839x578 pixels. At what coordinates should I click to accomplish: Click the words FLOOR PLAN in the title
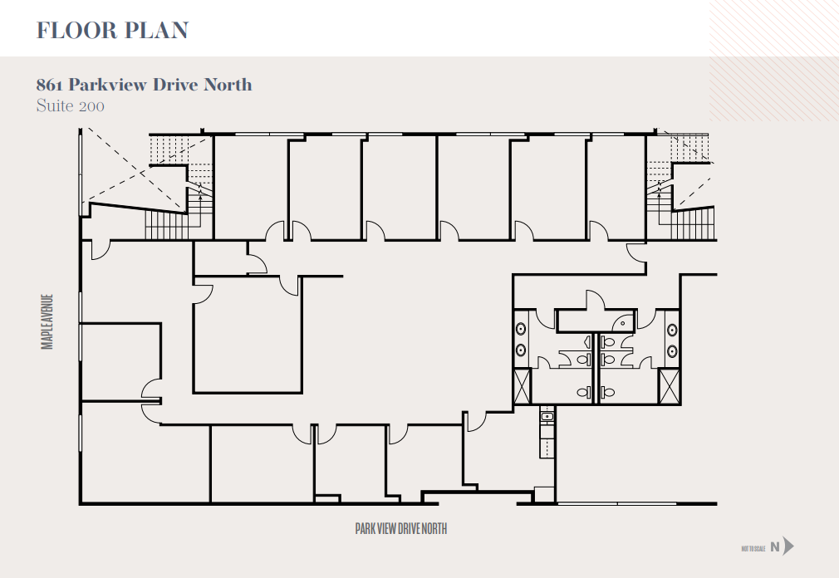112,31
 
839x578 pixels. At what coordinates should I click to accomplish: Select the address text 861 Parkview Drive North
144,85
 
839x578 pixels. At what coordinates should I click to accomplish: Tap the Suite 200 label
70,106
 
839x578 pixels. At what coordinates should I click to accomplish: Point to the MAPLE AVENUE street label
47,321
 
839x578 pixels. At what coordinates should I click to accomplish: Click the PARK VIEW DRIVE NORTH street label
401,529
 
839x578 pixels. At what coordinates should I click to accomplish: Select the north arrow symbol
787,546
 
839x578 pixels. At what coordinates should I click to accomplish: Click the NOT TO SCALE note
753,548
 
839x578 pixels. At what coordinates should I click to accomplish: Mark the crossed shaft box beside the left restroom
522,387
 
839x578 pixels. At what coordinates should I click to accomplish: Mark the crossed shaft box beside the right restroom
669,387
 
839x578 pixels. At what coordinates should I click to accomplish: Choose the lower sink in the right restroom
671,352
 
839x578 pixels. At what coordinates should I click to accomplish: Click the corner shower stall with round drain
622,321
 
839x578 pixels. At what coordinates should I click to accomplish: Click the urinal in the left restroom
588,340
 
